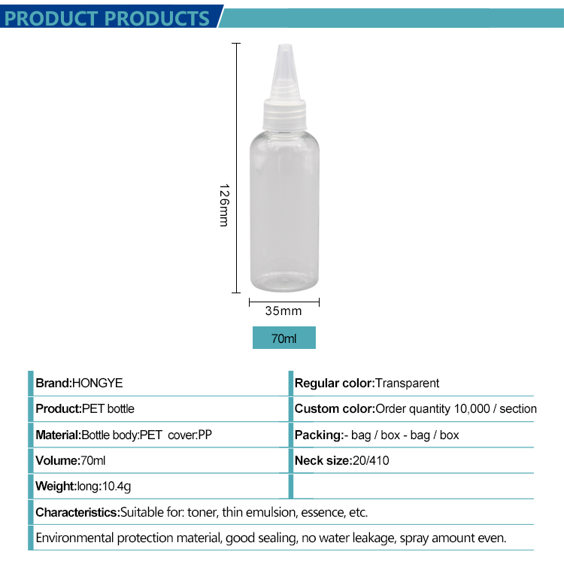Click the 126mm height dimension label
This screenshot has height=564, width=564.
pyautogui.click(x=224, y=205)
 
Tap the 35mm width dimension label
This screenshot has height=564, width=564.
pyautogui.click(x=284, y=311)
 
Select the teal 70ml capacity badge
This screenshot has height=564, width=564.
pyautogui.click(x=284, y=338)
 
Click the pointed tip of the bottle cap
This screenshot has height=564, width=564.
pyautogui.click(x=286, y=46)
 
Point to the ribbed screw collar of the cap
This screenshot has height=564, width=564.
pyautogui.click(x=284, y=115)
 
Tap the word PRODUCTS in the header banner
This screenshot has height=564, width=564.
pyautogui.click(x=158, y=18)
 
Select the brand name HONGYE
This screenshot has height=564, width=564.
pyautogui.click(x=98, y=383)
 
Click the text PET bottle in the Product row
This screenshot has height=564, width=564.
pyautogui.click(x=108, y=408)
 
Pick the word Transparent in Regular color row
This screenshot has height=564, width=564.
pyautogui.click(x=407, y=383)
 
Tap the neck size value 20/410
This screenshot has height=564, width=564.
pyautogui.click(x=371, y=460)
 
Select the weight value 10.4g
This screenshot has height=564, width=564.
pyautogui.click(x=117, y=487)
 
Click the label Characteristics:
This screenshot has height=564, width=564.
pyautogui.click(x=77, y=512)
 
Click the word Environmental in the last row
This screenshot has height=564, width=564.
pyautogui.click(x=74, y=538)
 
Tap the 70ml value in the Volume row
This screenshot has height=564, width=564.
pyautogui.click(x=92, y=460)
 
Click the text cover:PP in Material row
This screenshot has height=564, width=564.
pyautogui.click(x=190, y=435)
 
